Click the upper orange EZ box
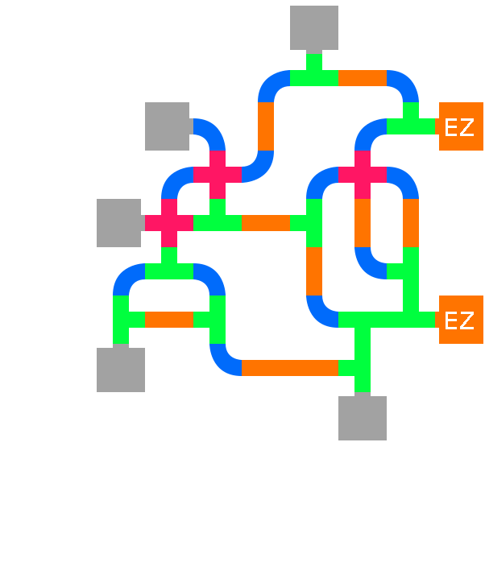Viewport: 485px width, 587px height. (x=460, y=126)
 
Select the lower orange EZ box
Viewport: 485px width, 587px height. (x=460, y=320)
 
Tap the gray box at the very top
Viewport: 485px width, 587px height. (x=314, y=28)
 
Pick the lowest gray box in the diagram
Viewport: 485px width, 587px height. (x=363, y=418)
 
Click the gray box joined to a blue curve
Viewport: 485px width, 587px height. (x=167, y=126)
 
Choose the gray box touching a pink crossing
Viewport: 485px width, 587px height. (x=119, y=223)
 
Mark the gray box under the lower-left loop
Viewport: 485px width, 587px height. (x=121, y=370)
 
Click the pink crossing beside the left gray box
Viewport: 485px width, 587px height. (x=169, y=223)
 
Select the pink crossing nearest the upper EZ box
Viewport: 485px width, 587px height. (x=363, y=175)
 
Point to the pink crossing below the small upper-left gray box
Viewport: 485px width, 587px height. (x=218, y=175)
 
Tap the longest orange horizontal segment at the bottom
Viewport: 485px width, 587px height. (x=290, y=368)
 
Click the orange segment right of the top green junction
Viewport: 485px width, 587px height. (x=363, y=78)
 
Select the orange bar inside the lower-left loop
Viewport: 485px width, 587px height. (x=169, y=320)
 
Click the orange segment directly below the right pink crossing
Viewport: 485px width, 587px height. (x=363, y=223)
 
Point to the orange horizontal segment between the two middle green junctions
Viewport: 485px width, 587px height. (x=266, y=223)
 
